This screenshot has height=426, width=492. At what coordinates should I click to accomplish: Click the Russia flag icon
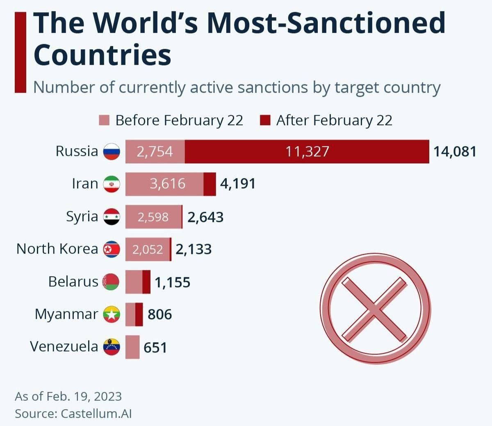coord(111,151)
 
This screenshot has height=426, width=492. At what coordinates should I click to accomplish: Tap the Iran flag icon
coord(111,184)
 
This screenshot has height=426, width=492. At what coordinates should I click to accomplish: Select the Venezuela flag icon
coord(111,347)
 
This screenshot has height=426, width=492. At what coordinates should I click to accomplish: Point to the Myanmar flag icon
coord(111,315)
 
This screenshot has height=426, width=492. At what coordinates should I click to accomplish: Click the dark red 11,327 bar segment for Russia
coord(307,151)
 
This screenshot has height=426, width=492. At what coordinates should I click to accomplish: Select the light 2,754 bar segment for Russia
coord(155,151)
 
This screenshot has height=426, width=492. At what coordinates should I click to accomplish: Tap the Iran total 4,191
coord(238,183)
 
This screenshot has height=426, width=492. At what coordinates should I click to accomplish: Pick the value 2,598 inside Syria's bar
coord(153,217)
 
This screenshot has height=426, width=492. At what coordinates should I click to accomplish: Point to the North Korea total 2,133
coord(194,249)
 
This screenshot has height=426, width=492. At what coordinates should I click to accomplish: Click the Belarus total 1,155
coord(172,282)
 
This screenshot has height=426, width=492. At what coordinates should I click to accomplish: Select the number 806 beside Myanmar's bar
coord(159,315)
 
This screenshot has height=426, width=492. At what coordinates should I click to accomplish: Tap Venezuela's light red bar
coord(132,347)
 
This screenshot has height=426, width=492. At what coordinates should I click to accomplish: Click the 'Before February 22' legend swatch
coord(104,121)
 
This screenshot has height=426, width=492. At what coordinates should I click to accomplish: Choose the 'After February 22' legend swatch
coord(265,121)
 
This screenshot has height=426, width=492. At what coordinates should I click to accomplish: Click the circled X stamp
coord(375,309)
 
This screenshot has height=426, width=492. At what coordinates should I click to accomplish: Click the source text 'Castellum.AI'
coord(96,413)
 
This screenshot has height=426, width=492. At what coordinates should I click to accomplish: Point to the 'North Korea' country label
coord(57,249)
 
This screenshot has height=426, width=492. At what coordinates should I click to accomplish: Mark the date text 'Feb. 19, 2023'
coord(84,396)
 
